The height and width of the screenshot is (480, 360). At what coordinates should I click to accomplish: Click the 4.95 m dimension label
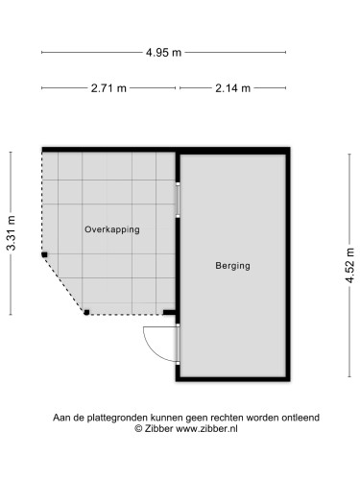point(163,52)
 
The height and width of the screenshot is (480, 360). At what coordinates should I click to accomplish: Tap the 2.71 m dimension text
point(108,88)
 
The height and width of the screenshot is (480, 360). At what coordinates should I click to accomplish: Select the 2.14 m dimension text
point(232,88)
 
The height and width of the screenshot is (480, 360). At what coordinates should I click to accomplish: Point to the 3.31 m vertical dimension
point(12,232)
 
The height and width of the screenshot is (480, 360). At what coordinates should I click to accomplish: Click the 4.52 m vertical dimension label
point(350,265)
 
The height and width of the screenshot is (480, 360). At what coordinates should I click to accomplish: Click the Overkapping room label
point(112,229)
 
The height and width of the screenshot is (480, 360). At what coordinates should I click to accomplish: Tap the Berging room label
point(232,266)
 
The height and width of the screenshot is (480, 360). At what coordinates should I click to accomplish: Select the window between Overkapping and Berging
point(178,200)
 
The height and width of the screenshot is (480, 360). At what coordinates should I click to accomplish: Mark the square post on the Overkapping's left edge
point(44,254)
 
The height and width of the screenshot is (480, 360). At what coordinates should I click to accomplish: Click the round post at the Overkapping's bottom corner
point(86,312)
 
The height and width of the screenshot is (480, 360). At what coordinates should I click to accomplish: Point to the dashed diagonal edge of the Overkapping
point(64,284)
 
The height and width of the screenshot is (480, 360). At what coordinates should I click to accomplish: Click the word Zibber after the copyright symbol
point(158,428)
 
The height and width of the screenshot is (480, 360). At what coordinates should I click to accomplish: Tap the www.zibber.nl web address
point(206,428)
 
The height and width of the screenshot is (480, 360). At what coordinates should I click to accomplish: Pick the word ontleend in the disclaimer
point(300,418)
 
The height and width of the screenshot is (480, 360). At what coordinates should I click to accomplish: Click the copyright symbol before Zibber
point(138,428)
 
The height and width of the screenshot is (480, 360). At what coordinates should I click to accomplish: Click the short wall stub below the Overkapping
point(169,313)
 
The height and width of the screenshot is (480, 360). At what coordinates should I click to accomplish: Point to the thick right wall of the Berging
point(288,264)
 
